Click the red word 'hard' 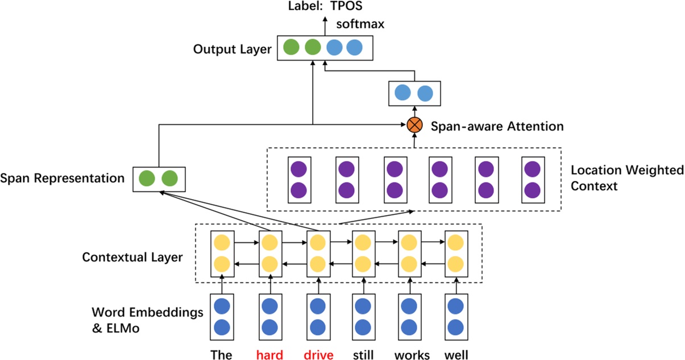point(269,355)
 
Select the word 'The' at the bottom point(221,355)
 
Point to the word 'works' point(412,355)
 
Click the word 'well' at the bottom point(456,355)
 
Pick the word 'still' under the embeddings point(363,355)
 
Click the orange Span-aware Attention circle point(414,125)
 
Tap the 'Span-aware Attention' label point(497,126)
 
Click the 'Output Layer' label point(233,49)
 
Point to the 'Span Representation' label point(63,178)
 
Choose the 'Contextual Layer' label point(132,257)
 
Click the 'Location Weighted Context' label point(626,177)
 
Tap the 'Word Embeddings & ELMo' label point(147,320)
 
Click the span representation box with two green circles point(159,179)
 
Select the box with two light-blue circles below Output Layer point(414,93)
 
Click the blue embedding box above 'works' point(409,317)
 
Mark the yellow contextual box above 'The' point(222,254)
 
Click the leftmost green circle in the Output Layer point(291,47)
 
